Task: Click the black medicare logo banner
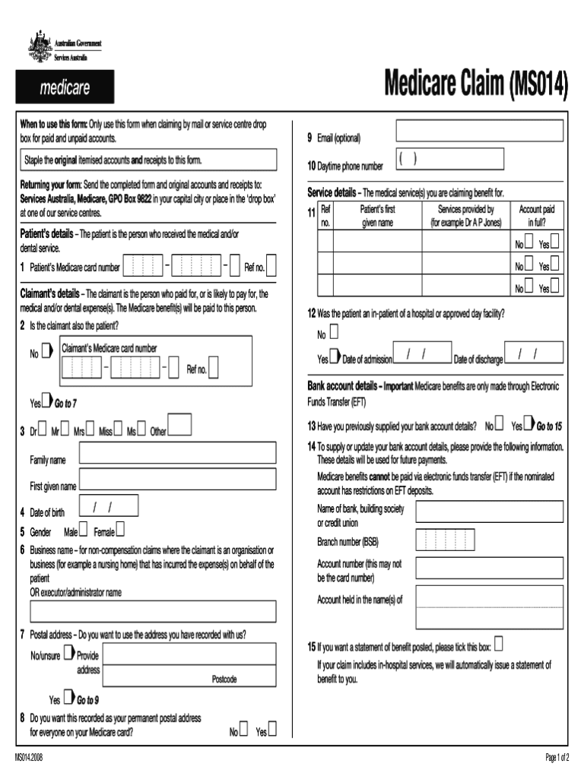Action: pyautogui.click(x=65, y=87)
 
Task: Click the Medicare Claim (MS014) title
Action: pyautogui.click(x=476, y=86)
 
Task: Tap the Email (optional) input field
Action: pyautogui.click(x=479, y=131)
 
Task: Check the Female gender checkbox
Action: pyautogui.click(x=120, y=529)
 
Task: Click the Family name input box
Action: pyautogui.click(x=177, y=454)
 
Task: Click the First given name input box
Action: pyautogui.click(x=177, y=479)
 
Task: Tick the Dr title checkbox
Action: pyautogui.click(x=41, y=429)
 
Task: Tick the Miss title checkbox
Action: pyautogui.click(x=118, y=429)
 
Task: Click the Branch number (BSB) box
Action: pyautogui.click(x=439, y=540)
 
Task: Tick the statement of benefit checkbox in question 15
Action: pyautogui.click(x=499, y=645)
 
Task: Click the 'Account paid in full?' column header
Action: pyautogui.click(x=536, y=216)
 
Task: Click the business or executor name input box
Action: pyautogui.click(x=153, y=612)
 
